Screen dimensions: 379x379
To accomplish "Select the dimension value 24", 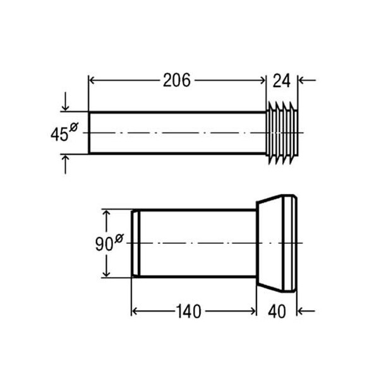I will coord(282,80).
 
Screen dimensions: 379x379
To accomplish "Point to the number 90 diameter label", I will coord(104,244).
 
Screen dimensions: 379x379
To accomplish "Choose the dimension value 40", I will coord(278,311).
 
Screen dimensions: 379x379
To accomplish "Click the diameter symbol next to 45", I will coord(73,128).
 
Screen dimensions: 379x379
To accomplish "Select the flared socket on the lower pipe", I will coord(276,243).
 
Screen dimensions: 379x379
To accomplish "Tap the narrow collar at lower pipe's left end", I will coord(135,243).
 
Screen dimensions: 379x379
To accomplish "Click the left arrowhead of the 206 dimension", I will coord(92,80).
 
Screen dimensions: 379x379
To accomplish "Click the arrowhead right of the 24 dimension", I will coord(301,80).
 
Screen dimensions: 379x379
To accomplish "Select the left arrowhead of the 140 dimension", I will coord(135,311).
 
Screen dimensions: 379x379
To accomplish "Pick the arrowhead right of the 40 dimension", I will coord(301,311).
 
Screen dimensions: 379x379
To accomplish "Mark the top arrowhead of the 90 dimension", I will coord(107,214).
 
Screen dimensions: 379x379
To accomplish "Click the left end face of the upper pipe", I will coord(88,133).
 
